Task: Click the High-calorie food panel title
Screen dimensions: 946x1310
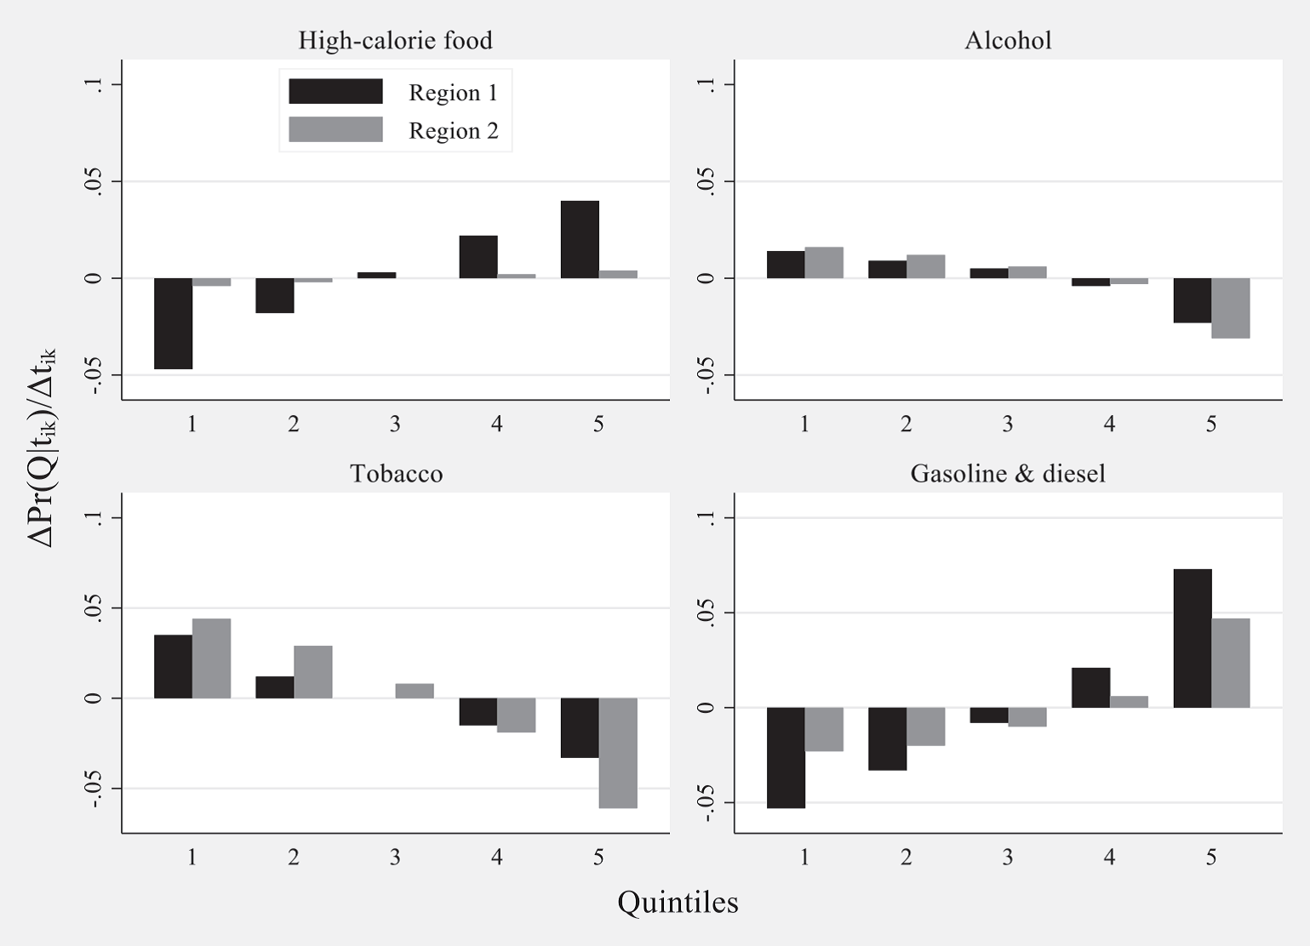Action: tap(395, 41)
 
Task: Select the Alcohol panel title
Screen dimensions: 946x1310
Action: tap(1008, 41)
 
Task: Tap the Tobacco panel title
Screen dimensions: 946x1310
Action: tap(396, 474)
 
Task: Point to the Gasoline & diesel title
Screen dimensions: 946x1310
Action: tap(1008, 474)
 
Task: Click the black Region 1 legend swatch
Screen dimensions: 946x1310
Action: tap(335, 91)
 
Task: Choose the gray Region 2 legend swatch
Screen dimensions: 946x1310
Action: tap(335, 129)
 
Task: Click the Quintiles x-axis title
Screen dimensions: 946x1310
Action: tap(678, 902)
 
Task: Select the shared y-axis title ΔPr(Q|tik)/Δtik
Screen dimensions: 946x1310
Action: tap(41, 447)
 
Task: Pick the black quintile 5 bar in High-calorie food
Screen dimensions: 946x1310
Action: tap(580, 240)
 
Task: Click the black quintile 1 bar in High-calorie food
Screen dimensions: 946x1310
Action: tap(173, 323)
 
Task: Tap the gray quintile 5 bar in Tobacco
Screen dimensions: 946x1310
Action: tap(618, 753)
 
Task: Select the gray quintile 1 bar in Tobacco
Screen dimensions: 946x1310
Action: tap(211, 658)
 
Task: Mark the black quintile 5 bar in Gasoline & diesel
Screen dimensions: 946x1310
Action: tap(1193, 638)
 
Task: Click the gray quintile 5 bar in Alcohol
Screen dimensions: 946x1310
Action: tap(1231, 308)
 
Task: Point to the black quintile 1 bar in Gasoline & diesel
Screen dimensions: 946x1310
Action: tap(786, 757)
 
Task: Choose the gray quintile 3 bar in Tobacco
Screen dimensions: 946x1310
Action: tap(415, 691)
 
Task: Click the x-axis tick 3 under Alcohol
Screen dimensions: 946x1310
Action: tap(1008, 424)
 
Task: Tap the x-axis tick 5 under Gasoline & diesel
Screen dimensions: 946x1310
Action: tap(1211, 857)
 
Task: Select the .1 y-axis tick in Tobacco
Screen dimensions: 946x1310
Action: tap(94, 517)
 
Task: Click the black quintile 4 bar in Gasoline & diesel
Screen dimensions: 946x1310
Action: tap(1090, 687)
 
